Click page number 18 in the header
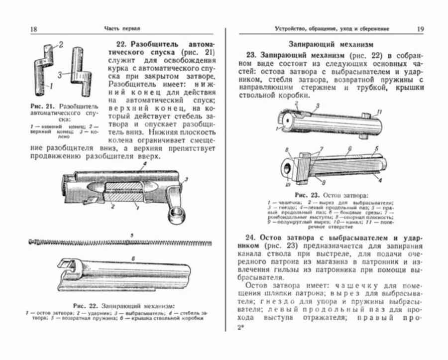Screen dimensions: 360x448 tap(34, 29)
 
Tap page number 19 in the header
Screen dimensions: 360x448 tap(421, 29)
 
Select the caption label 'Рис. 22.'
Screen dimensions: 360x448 tap(86, 305)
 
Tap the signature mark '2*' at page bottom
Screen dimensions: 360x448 tap(240, 327)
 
